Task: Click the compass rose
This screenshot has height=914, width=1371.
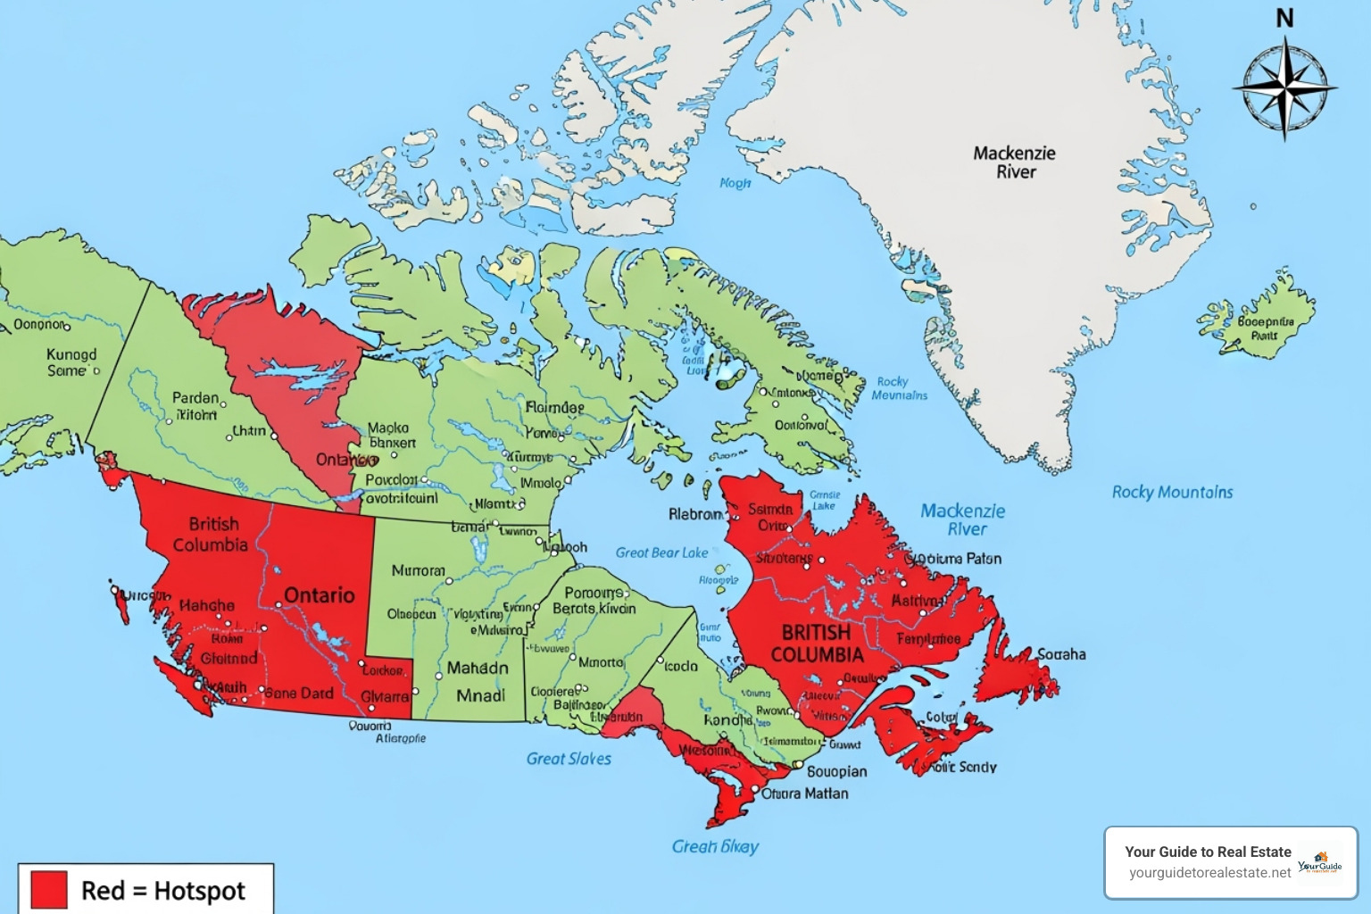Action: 1284,89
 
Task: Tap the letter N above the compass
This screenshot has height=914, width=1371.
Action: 1284,18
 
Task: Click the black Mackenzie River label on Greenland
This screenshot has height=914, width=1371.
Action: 1015,162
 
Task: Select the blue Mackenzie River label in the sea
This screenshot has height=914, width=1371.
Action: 963,519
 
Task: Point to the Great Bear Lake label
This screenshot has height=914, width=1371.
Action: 661,553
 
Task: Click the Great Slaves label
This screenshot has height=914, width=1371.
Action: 569,759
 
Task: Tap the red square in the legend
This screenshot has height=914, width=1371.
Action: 49,890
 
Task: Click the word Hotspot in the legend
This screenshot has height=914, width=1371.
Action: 199,891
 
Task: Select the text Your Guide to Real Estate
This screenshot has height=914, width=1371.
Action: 1208,852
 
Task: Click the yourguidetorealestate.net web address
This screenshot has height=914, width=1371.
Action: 1209,872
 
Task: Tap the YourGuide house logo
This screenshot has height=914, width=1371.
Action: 1320,862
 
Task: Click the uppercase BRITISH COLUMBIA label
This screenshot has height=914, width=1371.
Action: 817,644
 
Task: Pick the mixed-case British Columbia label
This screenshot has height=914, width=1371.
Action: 212,534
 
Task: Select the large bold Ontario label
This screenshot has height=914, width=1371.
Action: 319,595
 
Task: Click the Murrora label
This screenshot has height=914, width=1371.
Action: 418,570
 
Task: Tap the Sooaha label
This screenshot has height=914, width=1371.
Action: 1061,654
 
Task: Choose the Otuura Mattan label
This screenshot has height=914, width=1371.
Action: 804,793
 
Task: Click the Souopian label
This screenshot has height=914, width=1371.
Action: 836,771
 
